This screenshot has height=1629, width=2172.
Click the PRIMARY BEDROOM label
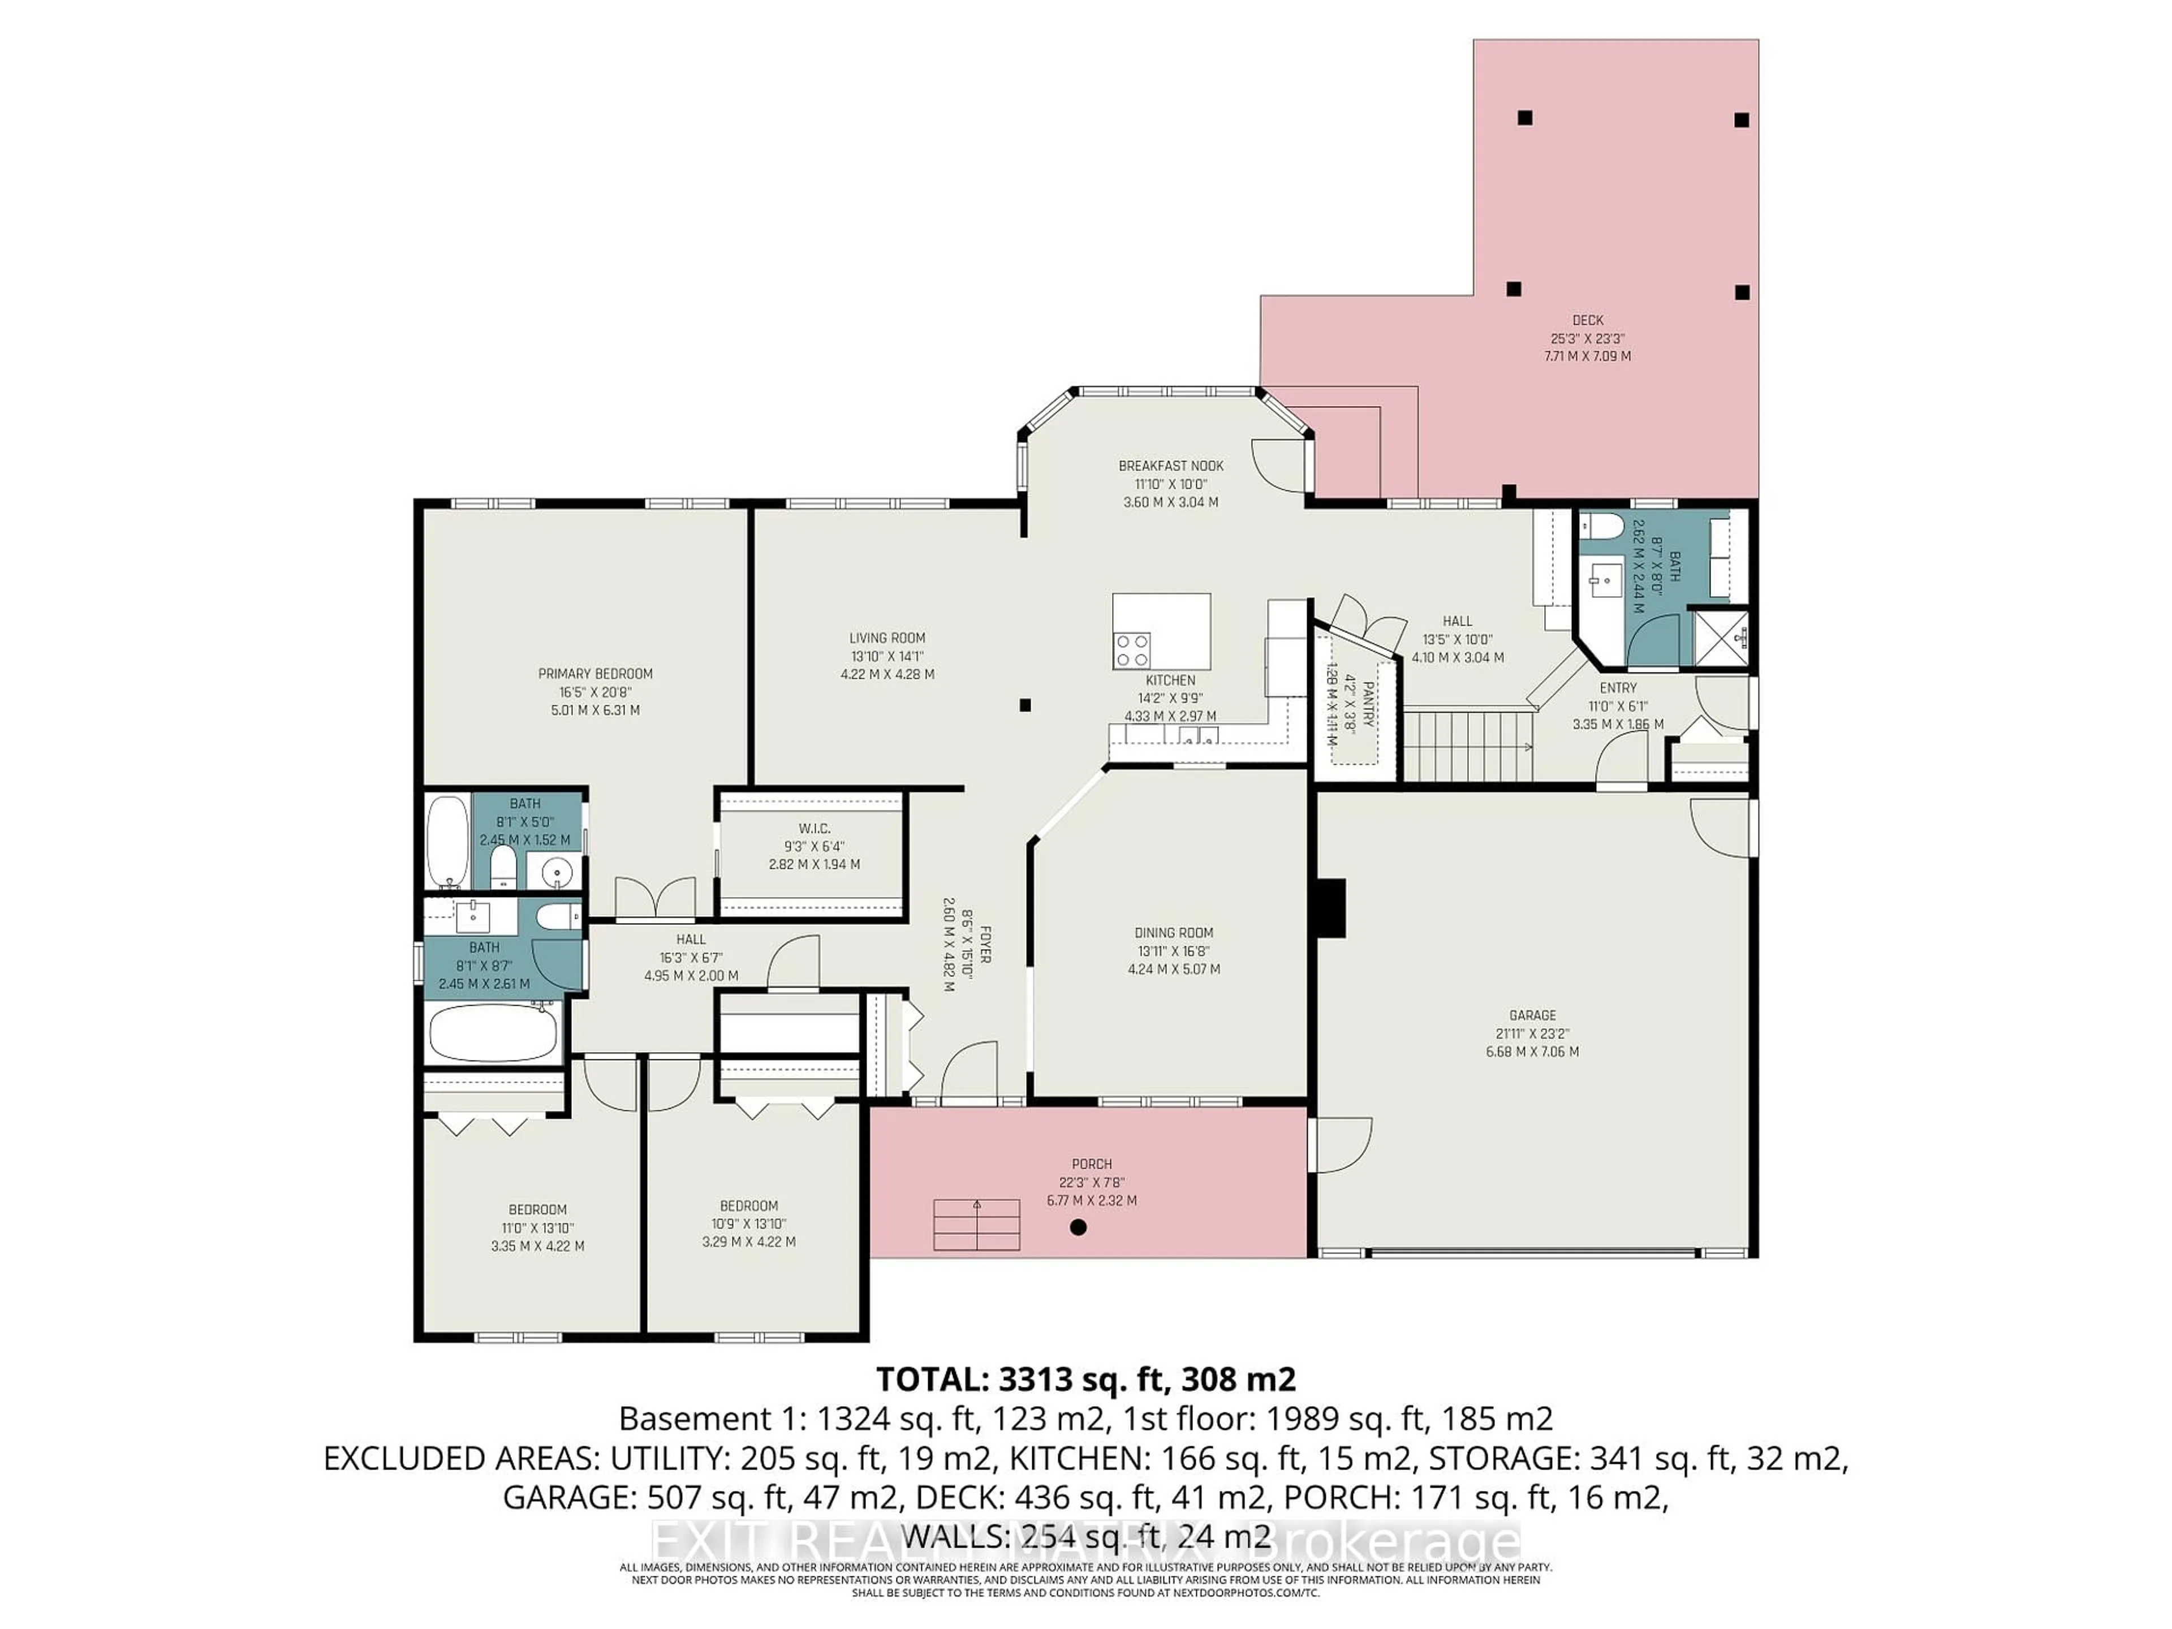tap(595, 674)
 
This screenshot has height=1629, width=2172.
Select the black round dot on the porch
tap(1078, 1226)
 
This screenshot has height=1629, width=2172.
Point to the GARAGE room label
tap(1532, 1015)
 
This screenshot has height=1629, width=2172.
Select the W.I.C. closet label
tap(814, 828)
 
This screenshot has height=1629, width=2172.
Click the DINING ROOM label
tap(1174, 933)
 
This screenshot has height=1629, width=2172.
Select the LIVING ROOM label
tap(887, 638)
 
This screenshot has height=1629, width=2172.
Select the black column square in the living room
tap(1024, 705)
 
